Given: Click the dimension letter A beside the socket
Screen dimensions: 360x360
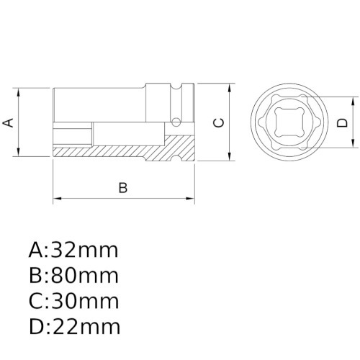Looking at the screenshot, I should tap(9, 122).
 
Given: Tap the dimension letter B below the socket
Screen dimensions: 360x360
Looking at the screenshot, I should tap(122, 188).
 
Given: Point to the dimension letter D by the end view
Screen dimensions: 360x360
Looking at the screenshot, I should tap(343, 122).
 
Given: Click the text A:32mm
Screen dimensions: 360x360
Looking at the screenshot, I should tap(73, 251).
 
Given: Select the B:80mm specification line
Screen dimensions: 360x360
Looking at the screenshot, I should tap(73, 276).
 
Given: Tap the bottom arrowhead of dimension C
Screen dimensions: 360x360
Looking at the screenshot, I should tap(230, 158).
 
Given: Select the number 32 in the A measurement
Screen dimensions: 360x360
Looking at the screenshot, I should tap(63, 251).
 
